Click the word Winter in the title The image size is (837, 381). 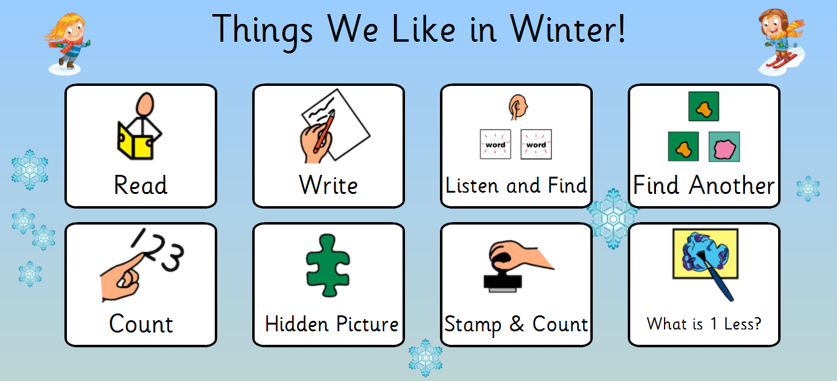click(562, 29)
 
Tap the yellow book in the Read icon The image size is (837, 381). click(134, 142)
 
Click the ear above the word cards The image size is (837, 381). click(518, 107)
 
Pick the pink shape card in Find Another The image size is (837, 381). click(724, 147)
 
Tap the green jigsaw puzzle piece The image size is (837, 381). click(328, 266)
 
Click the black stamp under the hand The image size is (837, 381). click(503, 282)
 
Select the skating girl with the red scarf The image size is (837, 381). click(67, 43)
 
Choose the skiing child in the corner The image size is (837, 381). click(781, 41)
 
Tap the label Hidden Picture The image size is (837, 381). click(331, 324)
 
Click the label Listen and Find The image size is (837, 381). click(516, 185)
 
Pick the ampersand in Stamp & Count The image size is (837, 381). click(517, 323)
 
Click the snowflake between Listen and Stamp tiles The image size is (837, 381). click(613, 218)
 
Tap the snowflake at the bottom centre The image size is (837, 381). click(425, 358)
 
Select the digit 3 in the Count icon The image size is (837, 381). click(172, 257)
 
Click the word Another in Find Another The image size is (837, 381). click(731, 185)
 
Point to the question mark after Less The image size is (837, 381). click(757, 323)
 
